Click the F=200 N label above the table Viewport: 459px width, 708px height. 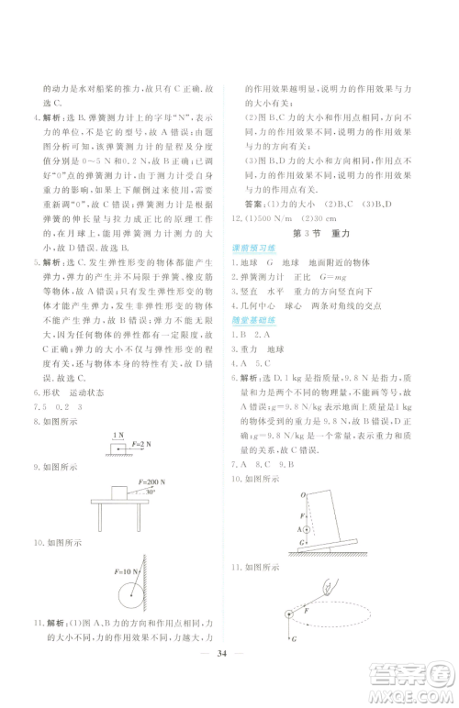(151, 480)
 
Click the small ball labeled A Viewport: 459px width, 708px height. (305, 528)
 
